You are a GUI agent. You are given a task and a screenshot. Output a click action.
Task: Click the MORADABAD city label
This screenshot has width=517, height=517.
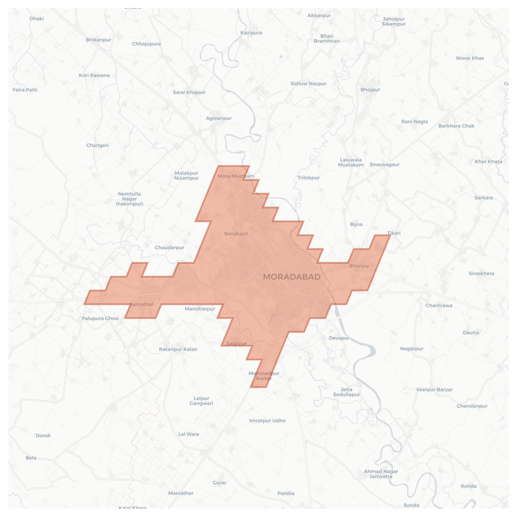[291, 277]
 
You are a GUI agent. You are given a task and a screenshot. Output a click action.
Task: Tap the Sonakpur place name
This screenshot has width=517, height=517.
[236, 234]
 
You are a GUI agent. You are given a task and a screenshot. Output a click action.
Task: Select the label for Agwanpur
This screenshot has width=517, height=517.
[219, 118]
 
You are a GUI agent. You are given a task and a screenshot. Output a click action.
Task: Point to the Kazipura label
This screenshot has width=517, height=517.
[251, 33]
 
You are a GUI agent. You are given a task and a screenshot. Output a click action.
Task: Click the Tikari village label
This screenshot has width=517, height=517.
[394, 233]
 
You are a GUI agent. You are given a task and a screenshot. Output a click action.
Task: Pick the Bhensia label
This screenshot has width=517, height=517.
[359, 266]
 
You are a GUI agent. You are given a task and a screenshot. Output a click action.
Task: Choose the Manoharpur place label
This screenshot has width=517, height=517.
[200, 309]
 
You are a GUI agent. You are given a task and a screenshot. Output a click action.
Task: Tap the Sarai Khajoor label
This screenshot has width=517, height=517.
[189, 92]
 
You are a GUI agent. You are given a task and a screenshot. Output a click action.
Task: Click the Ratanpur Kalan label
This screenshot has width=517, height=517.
[178, 349]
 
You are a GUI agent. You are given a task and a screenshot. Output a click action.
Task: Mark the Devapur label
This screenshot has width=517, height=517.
[339, 338]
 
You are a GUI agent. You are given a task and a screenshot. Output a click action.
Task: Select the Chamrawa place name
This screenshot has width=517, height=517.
[439, 306]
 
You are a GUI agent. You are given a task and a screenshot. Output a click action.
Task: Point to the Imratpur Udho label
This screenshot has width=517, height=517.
[267, 420]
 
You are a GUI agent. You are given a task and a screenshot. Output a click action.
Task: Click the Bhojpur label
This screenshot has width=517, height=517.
[370, 90]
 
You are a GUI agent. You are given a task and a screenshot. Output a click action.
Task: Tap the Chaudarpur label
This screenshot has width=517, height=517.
[169, 248]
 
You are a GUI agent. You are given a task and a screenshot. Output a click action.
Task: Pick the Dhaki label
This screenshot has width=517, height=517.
[37, 19]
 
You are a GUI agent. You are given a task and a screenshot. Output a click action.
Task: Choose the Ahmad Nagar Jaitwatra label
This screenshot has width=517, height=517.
[381, 474]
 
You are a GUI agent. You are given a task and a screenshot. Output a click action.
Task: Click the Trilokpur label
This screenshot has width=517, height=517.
[308, 178]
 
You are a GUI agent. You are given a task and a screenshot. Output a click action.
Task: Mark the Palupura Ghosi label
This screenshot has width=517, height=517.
[100, 318]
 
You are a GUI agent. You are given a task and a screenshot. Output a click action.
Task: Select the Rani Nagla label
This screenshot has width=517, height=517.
[414, 122]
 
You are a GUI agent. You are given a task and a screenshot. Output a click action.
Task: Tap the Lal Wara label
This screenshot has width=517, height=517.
[189, 434]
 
